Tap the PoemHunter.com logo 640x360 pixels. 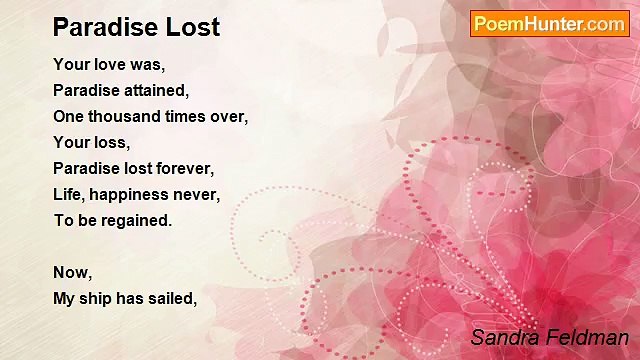click(x=549, y=24)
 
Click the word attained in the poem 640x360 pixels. click(x=151, y=90)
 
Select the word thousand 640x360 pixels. click(x=118, y=116)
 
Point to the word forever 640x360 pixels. click(x=187, y=168)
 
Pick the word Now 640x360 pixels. click(x=72, y=272)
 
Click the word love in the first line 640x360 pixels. click(x=109, y=64)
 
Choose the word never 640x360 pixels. click(x=197, y=194)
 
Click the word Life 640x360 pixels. click(x=68, y=194)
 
